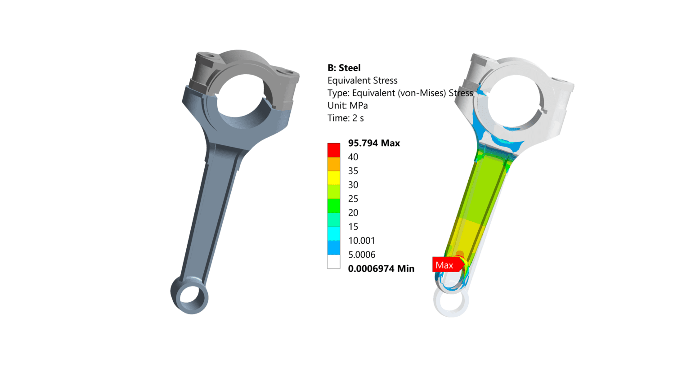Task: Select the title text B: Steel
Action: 344,68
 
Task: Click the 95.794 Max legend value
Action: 374,143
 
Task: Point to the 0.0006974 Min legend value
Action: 381,269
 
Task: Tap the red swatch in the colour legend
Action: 334,150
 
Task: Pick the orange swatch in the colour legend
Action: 334,164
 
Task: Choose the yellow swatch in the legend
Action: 334,178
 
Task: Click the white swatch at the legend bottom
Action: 334,262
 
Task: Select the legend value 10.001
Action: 361,241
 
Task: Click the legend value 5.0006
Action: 361,255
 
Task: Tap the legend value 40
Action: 353,157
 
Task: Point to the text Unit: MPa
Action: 347,106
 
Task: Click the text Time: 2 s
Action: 345,118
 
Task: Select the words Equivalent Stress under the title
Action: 362,81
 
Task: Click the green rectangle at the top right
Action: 501,14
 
